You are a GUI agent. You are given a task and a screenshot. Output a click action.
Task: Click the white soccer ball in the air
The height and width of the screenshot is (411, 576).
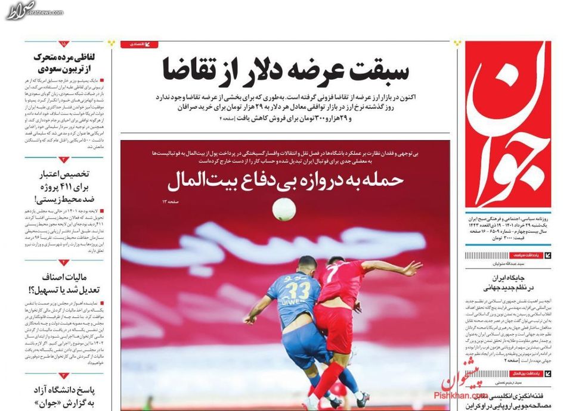coord(284,209)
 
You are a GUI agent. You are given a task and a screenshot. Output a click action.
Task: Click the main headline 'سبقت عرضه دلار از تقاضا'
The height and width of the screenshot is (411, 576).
coord(285,70)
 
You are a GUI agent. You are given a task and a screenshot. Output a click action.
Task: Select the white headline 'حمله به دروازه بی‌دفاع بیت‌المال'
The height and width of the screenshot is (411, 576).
coord(286,178)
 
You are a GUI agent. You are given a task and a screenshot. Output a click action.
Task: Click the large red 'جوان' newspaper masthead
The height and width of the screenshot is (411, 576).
coord(509,125)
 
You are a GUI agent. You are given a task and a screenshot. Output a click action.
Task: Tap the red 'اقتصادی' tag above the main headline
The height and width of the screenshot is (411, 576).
coord(140,44)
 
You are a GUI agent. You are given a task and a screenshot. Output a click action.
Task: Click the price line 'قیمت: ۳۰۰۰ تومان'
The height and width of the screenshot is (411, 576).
coord(526,238)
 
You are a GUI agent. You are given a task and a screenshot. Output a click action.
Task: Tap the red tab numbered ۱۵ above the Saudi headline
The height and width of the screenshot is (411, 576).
coord(63,44)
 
